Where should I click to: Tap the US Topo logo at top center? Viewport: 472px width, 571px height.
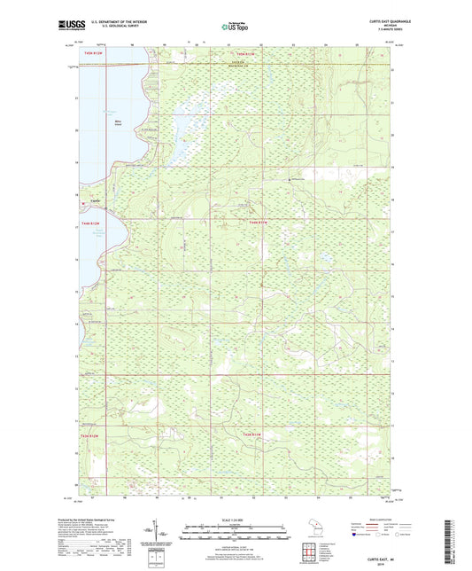236,27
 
